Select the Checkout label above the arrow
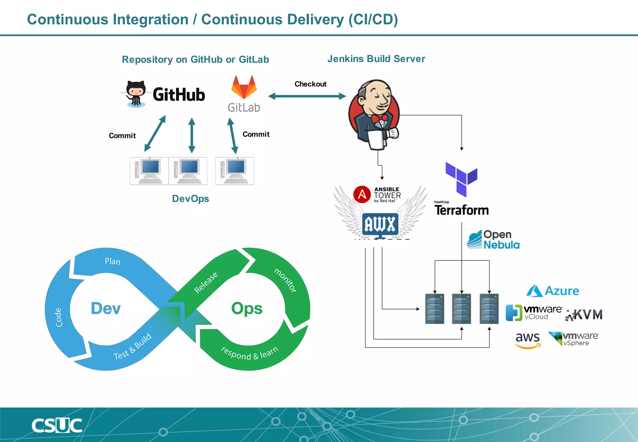click(x=310, y=84)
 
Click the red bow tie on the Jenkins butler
click(x=379, y=118)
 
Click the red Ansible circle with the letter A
click(x=362, y=195)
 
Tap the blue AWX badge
click(x=380, y=224)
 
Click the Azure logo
click(x=552, y=291)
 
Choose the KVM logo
click(x=584, y=315)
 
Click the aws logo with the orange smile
click(x=528, y=340)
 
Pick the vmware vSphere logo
click(x=574, y=339)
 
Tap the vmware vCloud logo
click(x=534, y=313)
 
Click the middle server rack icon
click(x=461, y=309)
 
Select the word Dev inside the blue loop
click(x=106, y=308)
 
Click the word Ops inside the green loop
click(x=247, y=308)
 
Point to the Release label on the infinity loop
click(x=206, y=282)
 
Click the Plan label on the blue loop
click(x=112, y=261)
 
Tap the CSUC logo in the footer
click(x=57, y=425)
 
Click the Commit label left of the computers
click(x=122, y=136)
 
